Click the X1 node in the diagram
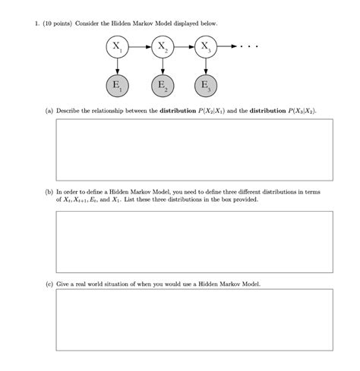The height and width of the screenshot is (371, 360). click(x=118, y=48)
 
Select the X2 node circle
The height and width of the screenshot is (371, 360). click(x=161, y=48)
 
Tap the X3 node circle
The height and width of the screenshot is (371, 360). click(x=204, y=48)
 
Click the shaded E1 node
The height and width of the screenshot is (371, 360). click(x=118, y=84)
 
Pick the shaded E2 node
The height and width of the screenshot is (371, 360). click(x=161, y=84)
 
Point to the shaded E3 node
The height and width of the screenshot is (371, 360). click(x=204, y=84)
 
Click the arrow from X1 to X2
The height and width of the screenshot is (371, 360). click(x=140, y=48)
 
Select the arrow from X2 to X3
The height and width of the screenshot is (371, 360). click(x=183, y=48)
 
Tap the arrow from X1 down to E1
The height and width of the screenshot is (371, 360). click(x=118, y=66)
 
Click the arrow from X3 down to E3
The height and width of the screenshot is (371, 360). click(x=204, y=66)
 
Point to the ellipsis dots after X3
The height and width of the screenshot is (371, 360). click(x=249, y=48)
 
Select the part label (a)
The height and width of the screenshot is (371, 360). click(x=49, y=110)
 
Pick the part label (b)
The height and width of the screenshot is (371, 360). click(x=49, y=193)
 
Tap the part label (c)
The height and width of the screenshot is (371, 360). click(x=49, y=284)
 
